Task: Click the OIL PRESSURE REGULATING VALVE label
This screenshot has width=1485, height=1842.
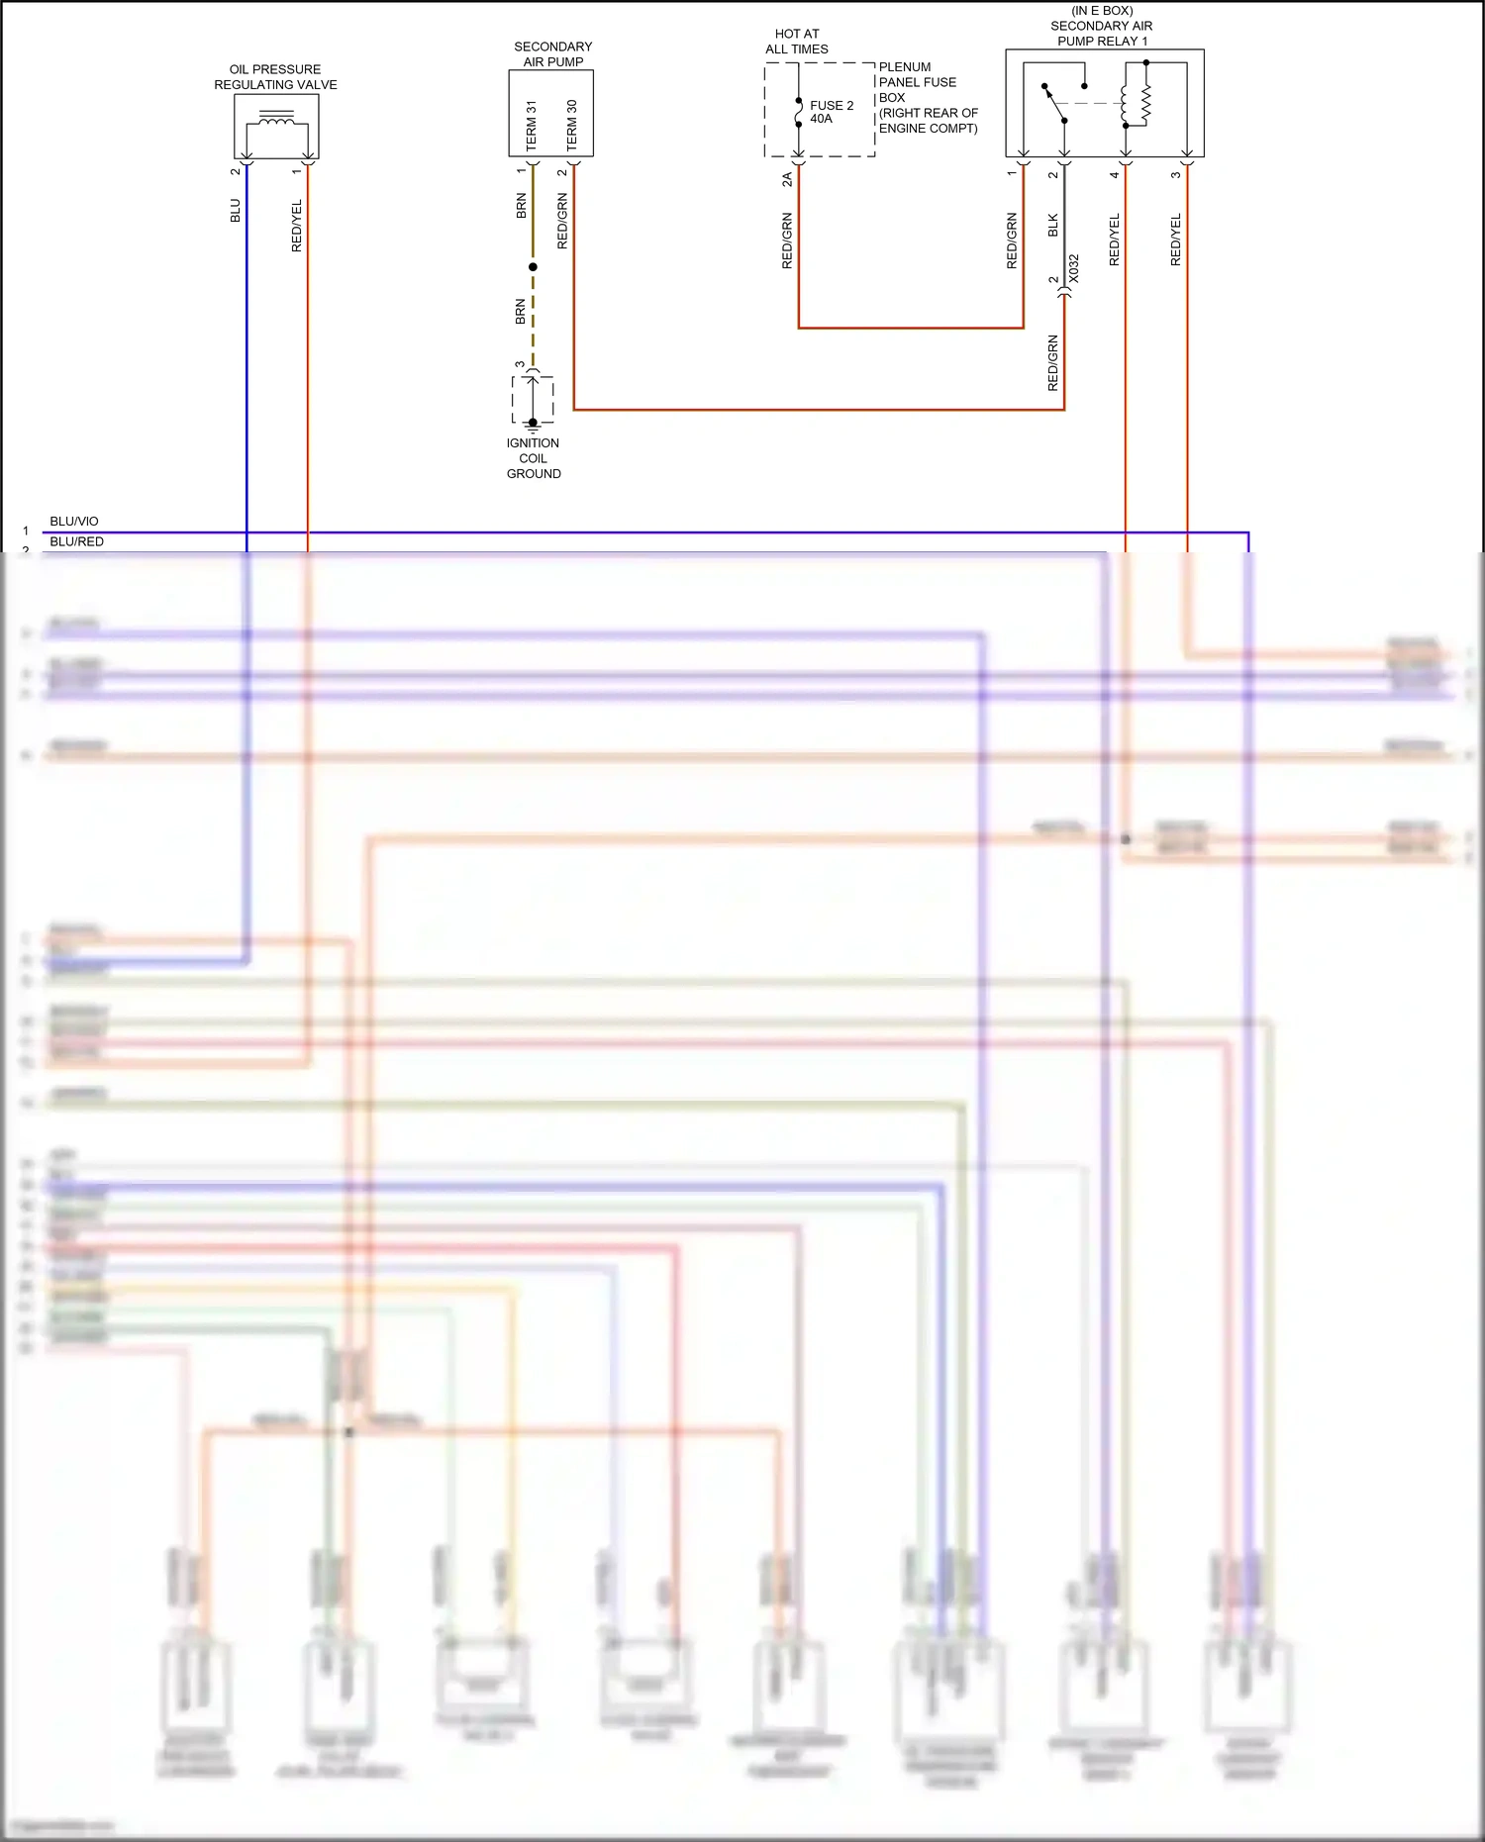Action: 275,77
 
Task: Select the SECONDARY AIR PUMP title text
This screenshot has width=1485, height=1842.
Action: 552,54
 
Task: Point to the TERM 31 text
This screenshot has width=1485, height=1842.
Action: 532,126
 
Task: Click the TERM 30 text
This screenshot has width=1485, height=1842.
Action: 571,126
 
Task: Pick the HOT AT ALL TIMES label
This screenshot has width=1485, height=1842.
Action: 797,42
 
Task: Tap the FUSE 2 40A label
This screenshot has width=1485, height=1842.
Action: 831,112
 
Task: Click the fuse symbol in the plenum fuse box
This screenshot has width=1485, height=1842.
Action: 799,113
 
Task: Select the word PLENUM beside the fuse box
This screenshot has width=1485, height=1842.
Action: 905,67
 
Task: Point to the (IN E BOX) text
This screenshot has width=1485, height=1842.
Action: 1102,11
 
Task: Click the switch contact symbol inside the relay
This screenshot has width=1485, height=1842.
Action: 1054,103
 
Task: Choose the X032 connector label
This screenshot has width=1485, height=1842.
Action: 1073,269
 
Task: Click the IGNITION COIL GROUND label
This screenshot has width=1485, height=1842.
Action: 534,458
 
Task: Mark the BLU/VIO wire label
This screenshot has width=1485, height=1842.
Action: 74,522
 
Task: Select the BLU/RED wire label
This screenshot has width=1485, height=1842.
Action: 76,541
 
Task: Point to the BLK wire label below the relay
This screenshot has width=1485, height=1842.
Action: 1053,226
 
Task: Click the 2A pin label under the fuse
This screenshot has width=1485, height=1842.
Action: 787,179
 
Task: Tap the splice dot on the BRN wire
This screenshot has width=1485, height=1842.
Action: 533,267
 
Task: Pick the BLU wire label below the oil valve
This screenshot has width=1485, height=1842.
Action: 236,211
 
